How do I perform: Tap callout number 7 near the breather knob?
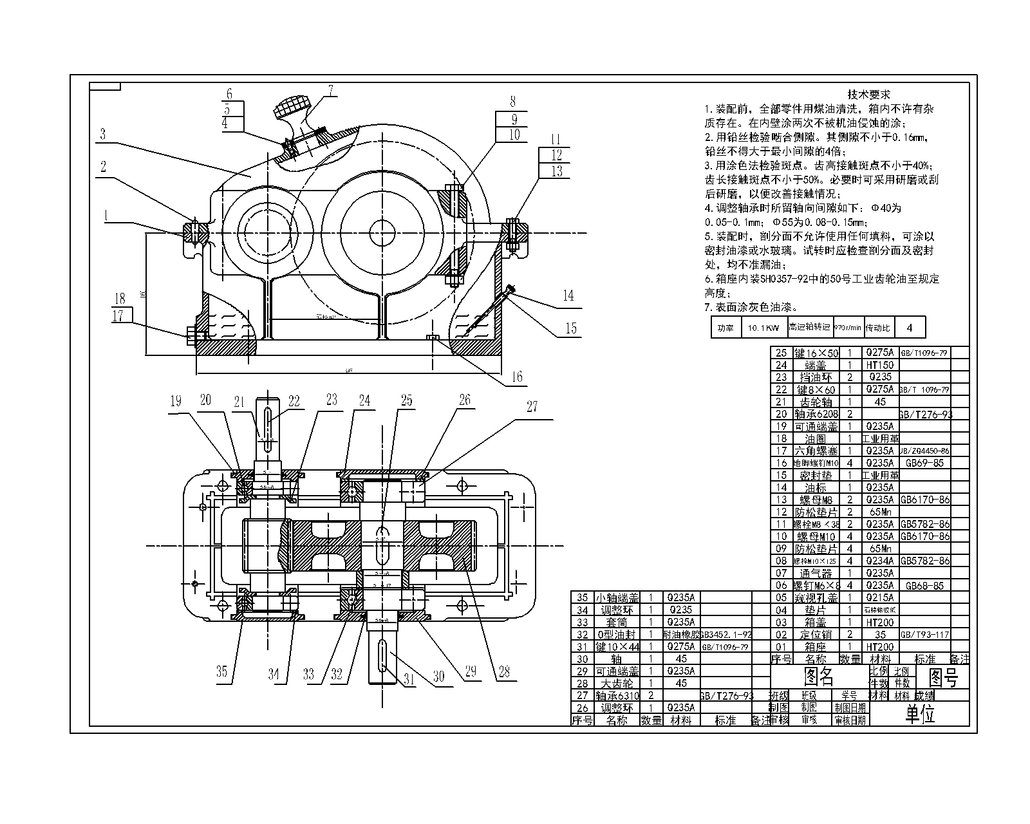click(x=330, y=90)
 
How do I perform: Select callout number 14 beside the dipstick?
click(x=568, y=295)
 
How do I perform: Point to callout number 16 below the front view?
click(x=517, y=377)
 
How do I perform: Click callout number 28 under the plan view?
click(x=504, y=671)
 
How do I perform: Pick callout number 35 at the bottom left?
click(x=221, y=671)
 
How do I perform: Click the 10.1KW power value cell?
click(x=763, y=328)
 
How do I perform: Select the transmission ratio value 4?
click(x=909, y=328)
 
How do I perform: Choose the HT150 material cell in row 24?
click(x=880, y=365)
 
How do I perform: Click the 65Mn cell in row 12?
click(x=880, y=512)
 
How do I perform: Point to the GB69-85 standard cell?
click(x=924, y=463)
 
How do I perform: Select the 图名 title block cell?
click(x=819, y=677)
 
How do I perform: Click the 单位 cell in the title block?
click(x=921, y=714)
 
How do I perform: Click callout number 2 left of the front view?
click(x=102, y=166)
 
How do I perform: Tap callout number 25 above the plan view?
click(x=407, y=400)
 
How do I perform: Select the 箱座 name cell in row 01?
click(x=815, y=647)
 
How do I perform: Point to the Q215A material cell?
click(x=880, y=598)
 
